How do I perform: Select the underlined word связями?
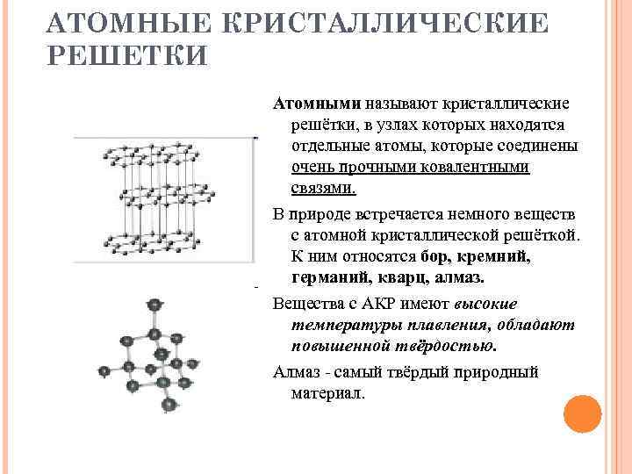(323, 188)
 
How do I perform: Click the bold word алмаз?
(458, 278)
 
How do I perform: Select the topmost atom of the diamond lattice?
(155, 305)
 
